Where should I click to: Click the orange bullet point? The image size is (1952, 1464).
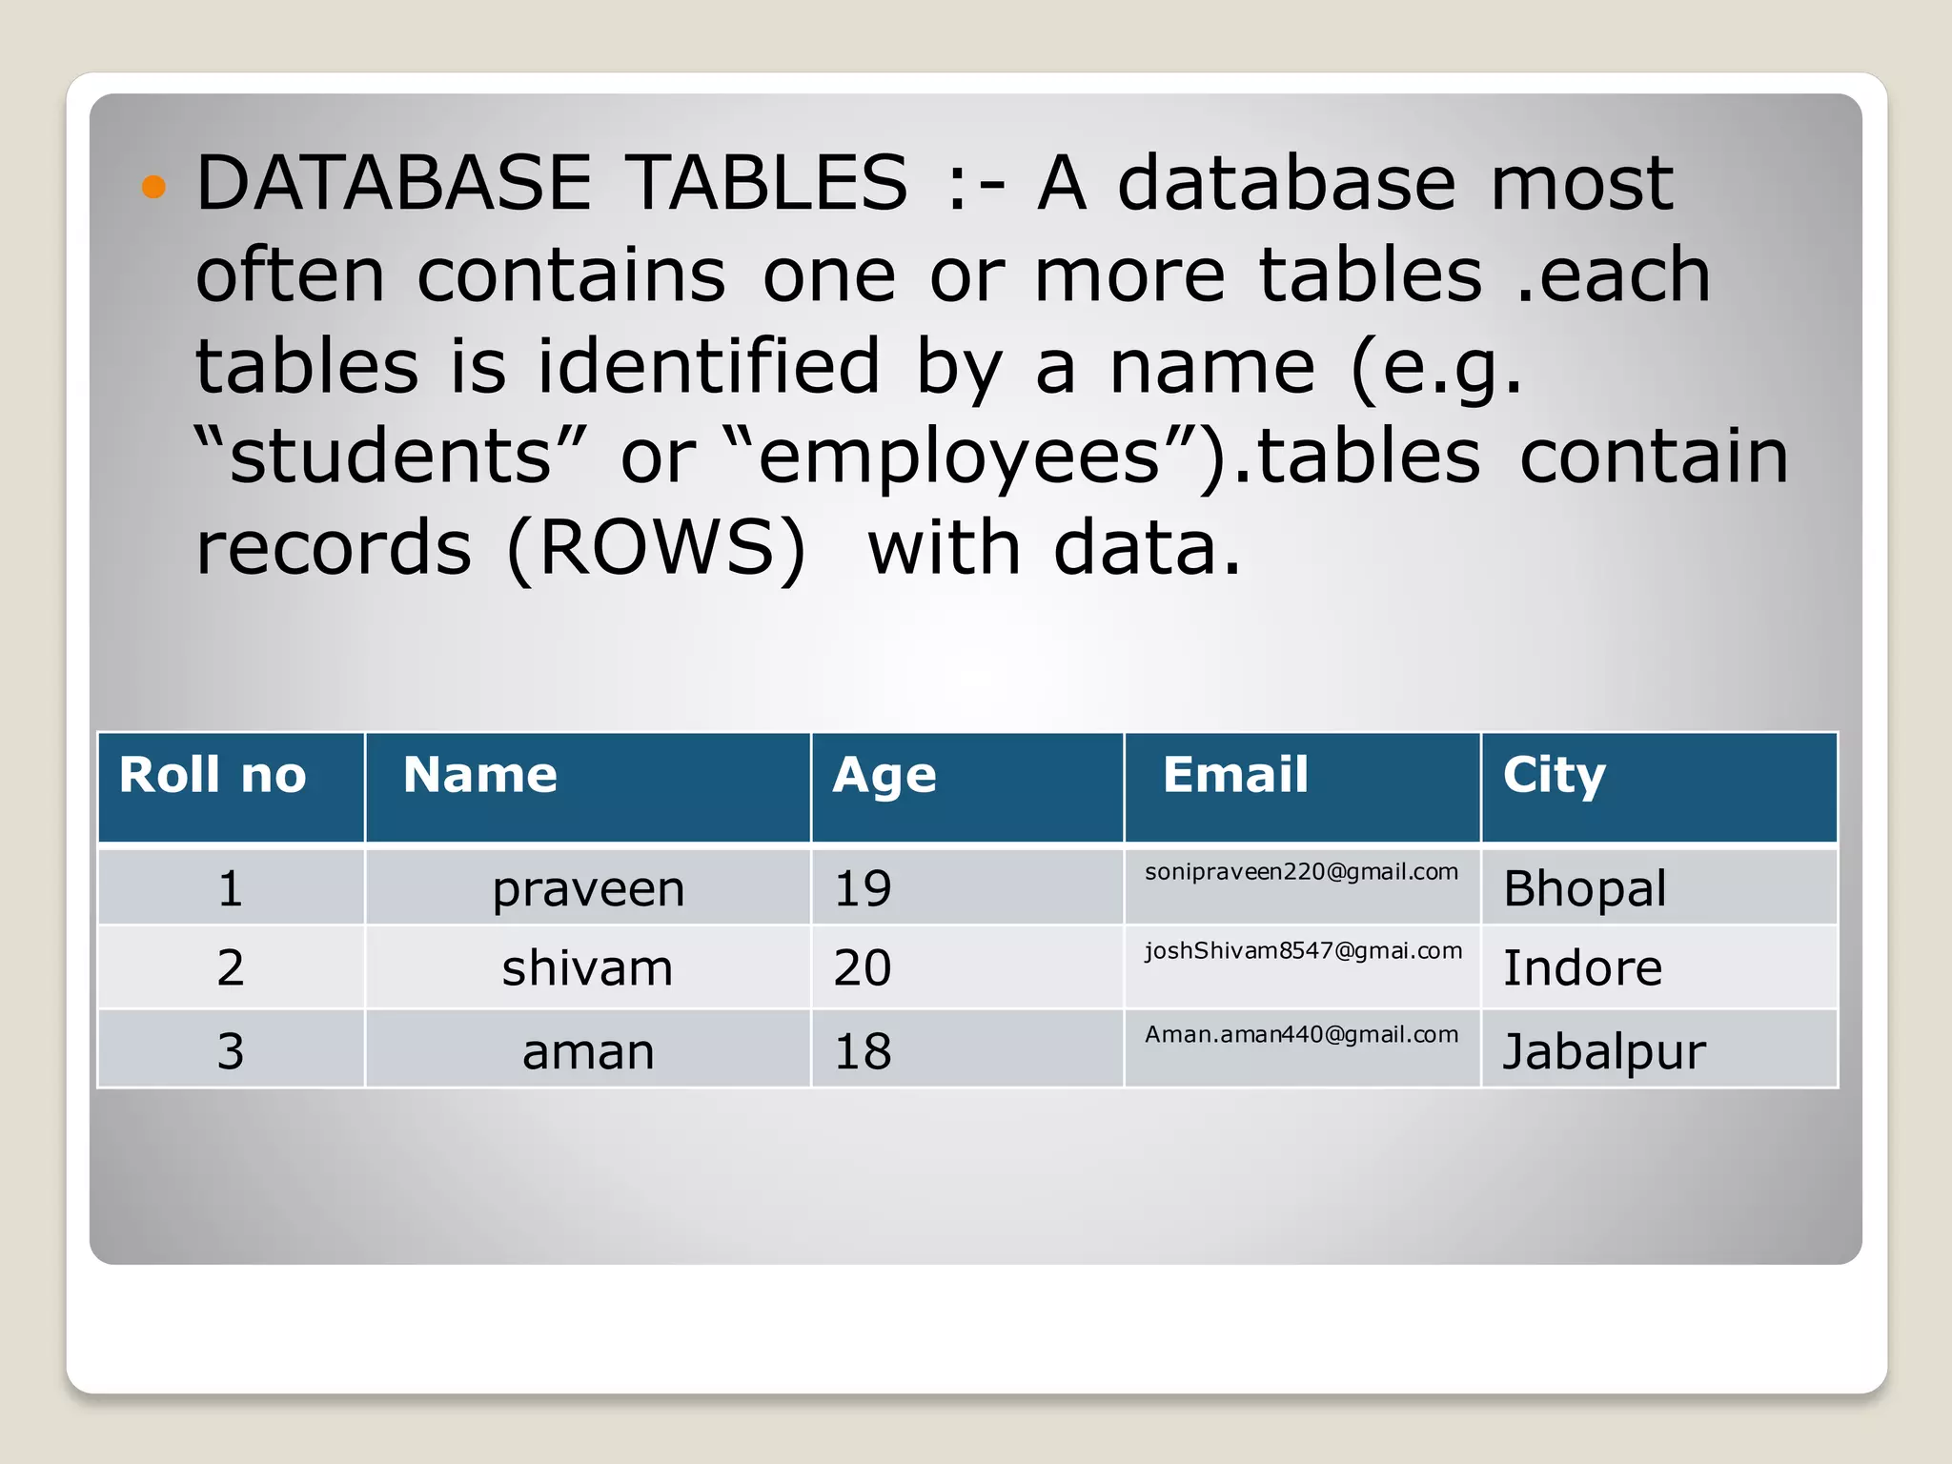[x=153, y=186]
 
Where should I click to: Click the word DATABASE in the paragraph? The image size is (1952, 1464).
[x=394, y=183]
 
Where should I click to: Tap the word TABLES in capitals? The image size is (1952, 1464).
[x=768, y=183]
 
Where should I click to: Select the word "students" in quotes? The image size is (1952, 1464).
[x=391, y=456]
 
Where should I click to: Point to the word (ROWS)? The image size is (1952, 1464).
[x=657, y=548]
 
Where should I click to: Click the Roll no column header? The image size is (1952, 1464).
[x=213, y=775]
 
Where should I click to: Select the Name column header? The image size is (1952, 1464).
[x=479, y=775]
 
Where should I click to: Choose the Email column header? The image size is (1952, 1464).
[x=1235, y=774]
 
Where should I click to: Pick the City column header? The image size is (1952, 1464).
[x=1554, y=776]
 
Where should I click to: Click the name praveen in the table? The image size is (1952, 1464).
[x=588, y=889]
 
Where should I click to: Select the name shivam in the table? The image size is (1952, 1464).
[x=587, y=968]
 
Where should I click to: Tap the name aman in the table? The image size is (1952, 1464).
[x=588, y=1052]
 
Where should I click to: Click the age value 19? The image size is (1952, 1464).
[x=863, y=888]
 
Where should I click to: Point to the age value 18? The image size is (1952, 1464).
[x=863, y=1051]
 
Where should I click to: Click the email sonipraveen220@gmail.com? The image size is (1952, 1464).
[x=1301, y=872]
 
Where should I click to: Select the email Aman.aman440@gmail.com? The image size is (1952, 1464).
[x=1301, y=1035]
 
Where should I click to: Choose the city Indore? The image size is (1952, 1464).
[x=1582, y=968]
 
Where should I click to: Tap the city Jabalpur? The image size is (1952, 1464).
[x=1604, y=1052]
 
